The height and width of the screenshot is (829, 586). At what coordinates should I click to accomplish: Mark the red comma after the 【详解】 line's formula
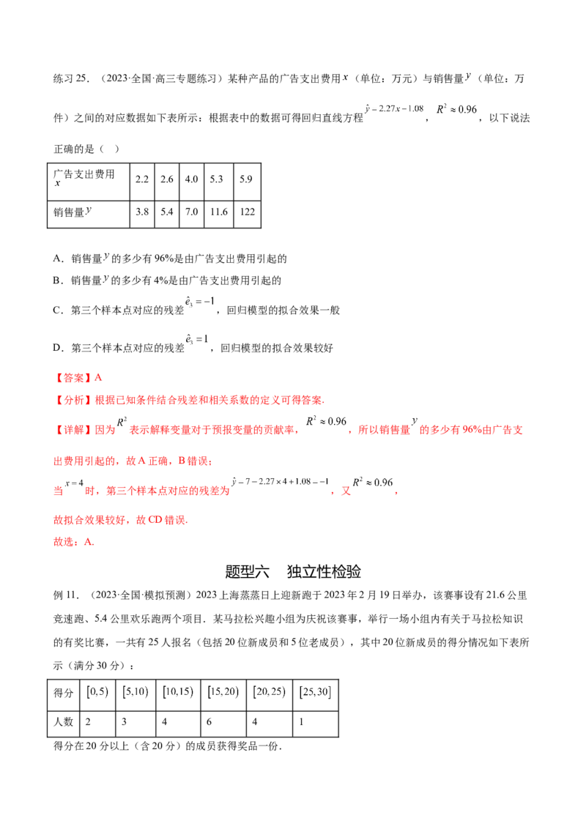pyautogui.click(x=350, y=432)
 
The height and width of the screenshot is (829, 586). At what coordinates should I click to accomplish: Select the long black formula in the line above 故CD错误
pyautogui.click(x=279, y=483)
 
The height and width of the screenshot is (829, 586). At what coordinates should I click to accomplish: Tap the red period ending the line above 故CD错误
pyautogui.click(x=396, y=493)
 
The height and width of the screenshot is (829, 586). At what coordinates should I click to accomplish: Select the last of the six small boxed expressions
pyautogui.click(x=317, y=693)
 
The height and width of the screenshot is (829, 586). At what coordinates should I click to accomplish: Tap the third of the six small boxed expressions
pyautogui.click(x=180, y=693)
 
